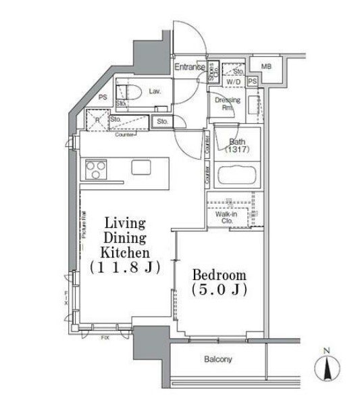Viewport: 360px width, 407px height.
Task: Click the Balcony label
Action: (x=218, y=360)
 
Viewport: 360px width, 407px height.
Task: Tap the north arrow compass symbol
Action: (x=327, y=369)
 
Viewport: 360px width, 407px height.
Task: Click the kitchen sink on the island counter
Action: (x=141, y=167)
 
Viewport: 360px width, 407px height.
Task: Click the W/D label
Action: (x=234, y=82)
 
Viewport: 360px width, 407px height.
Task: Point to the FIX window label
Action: (x=105, y=337)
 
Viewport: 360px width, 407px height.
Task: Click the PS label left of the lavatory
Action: (x=103, y=97)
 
